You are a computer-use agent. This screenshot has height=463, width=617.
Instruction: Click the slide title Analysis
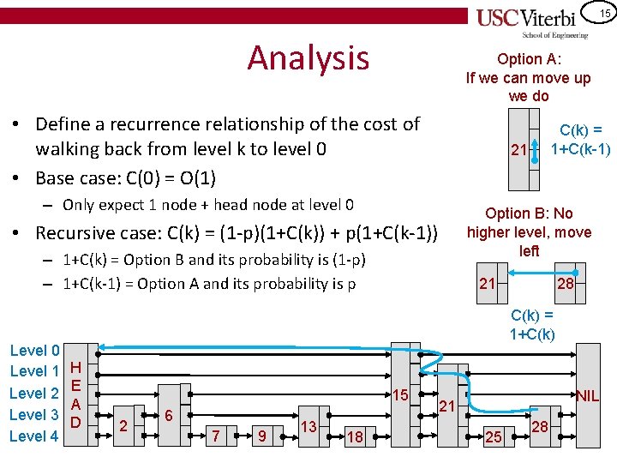tap(308, 58)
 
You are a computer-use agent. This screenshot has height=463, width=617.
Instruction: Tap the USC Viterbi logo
tap(531, 21)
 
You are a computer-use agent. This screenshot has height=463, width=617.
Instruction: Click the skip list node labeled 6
tap(169, 415)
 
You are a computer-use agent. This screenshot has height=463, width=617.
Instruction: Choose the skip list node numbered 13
tap(308, 426)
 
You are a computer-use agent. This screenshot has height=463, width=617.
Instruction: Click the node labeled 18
tap(354, 437)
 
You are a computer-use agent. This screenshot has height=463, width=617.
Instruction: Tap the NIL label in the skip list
tap(587, 396)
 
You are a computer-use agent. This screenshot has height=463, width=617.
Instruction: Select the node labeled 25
tap(493, 437)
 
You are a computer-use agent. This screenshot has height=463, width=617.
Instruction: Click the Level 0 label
tap(33, 350)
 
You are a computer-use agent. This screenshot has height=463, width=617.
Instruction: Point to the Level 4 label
tap(33, 436)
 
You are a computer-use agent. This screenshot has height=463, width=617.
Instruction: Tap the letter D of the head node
tap(75, 422)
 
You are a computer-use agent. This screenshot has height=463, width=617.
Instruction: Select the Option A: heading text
tap(529, 59)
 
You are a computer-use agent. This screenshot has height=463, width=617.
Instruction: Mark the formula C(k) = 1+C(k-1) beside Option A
tap(579, 141)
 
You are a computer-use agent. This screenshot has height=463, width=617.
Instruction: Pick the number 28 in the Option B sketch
tap(565, 284)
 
